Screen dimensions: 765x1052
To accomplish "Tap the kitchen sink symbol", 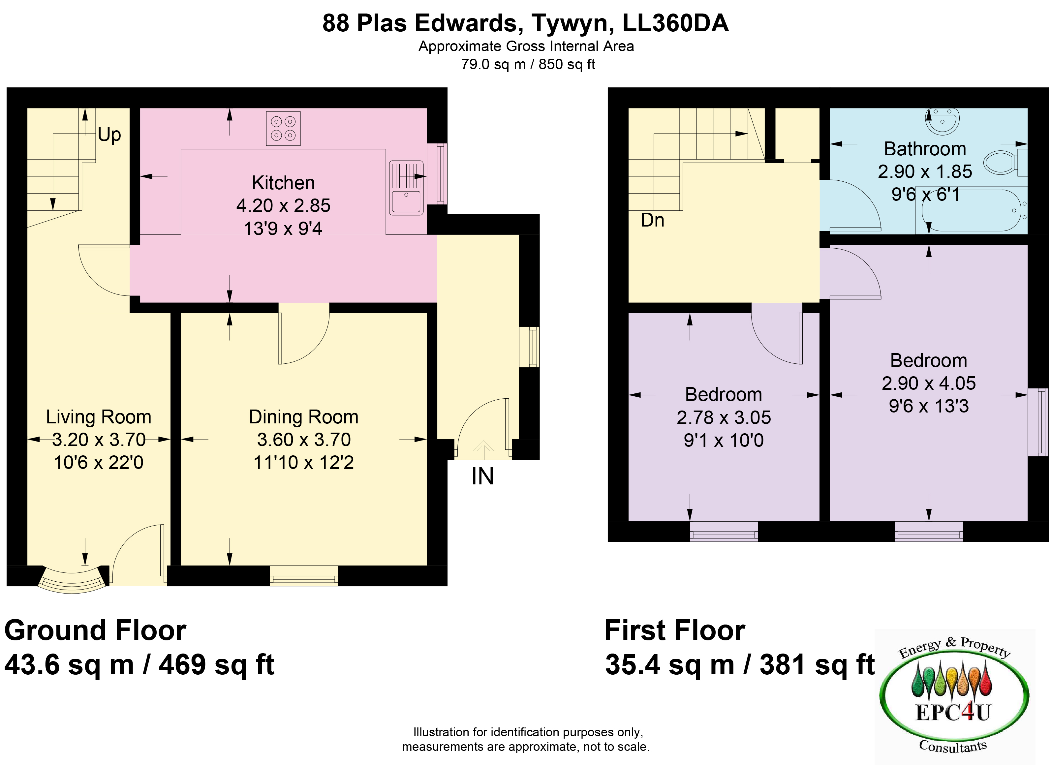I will pyautogui.click(x=406, y=188).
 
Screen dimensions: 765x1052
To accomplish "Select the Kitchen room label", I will pyautogui.click(x=283, y=183).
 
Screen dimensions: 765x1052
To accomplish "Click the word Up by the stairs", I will pyautogui.click(x=109, y=135).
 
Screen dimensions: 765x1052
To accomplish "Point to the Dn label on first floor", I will pyautogui.click(x=652, y=220).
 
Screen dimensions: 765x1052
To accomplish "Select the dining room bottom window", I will pyautogui.click(x=304, y=576).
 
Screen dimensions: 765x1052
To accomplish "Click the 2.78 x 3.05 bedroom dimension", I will pyautogui.click(x=724, y=417).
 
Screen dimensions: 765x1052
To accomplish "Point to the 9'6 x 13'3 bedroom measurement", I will pyautogui.click(x=929, y=406).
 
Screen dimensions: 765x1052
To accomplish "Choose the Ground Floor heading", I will pyautogui.click(x=95, y=631).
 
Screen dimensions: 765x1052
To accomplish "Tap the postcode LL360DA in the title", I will pyautogui.click(x=675, y=23).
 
